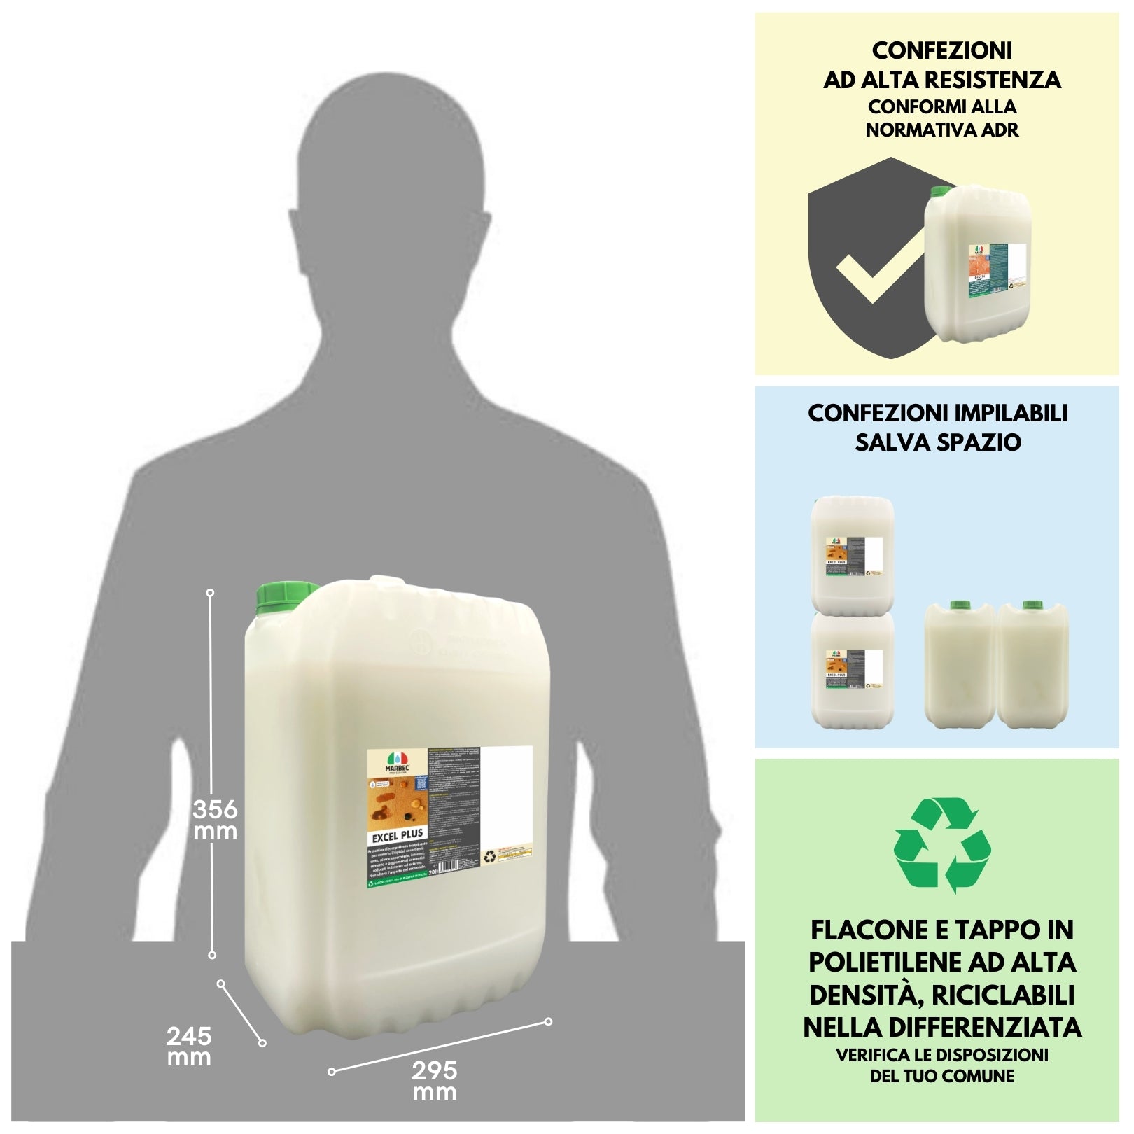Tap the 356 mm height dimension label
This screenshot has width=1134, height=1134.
click(x=215, y=820)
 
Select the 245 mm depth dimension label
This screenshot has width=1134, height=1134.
click(x=189, y=1046)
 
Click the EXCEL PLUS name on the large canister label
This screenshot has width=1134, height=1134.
click(x=398, y=835)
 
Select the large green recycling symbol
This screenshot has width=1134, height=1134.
click(x=942, y=845)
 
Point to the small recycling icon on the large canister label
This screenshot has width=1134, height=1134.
click(x=491, y=855)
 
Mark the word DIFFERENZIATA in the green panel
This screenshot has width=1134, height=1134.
click(x=1001, y=1027)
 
